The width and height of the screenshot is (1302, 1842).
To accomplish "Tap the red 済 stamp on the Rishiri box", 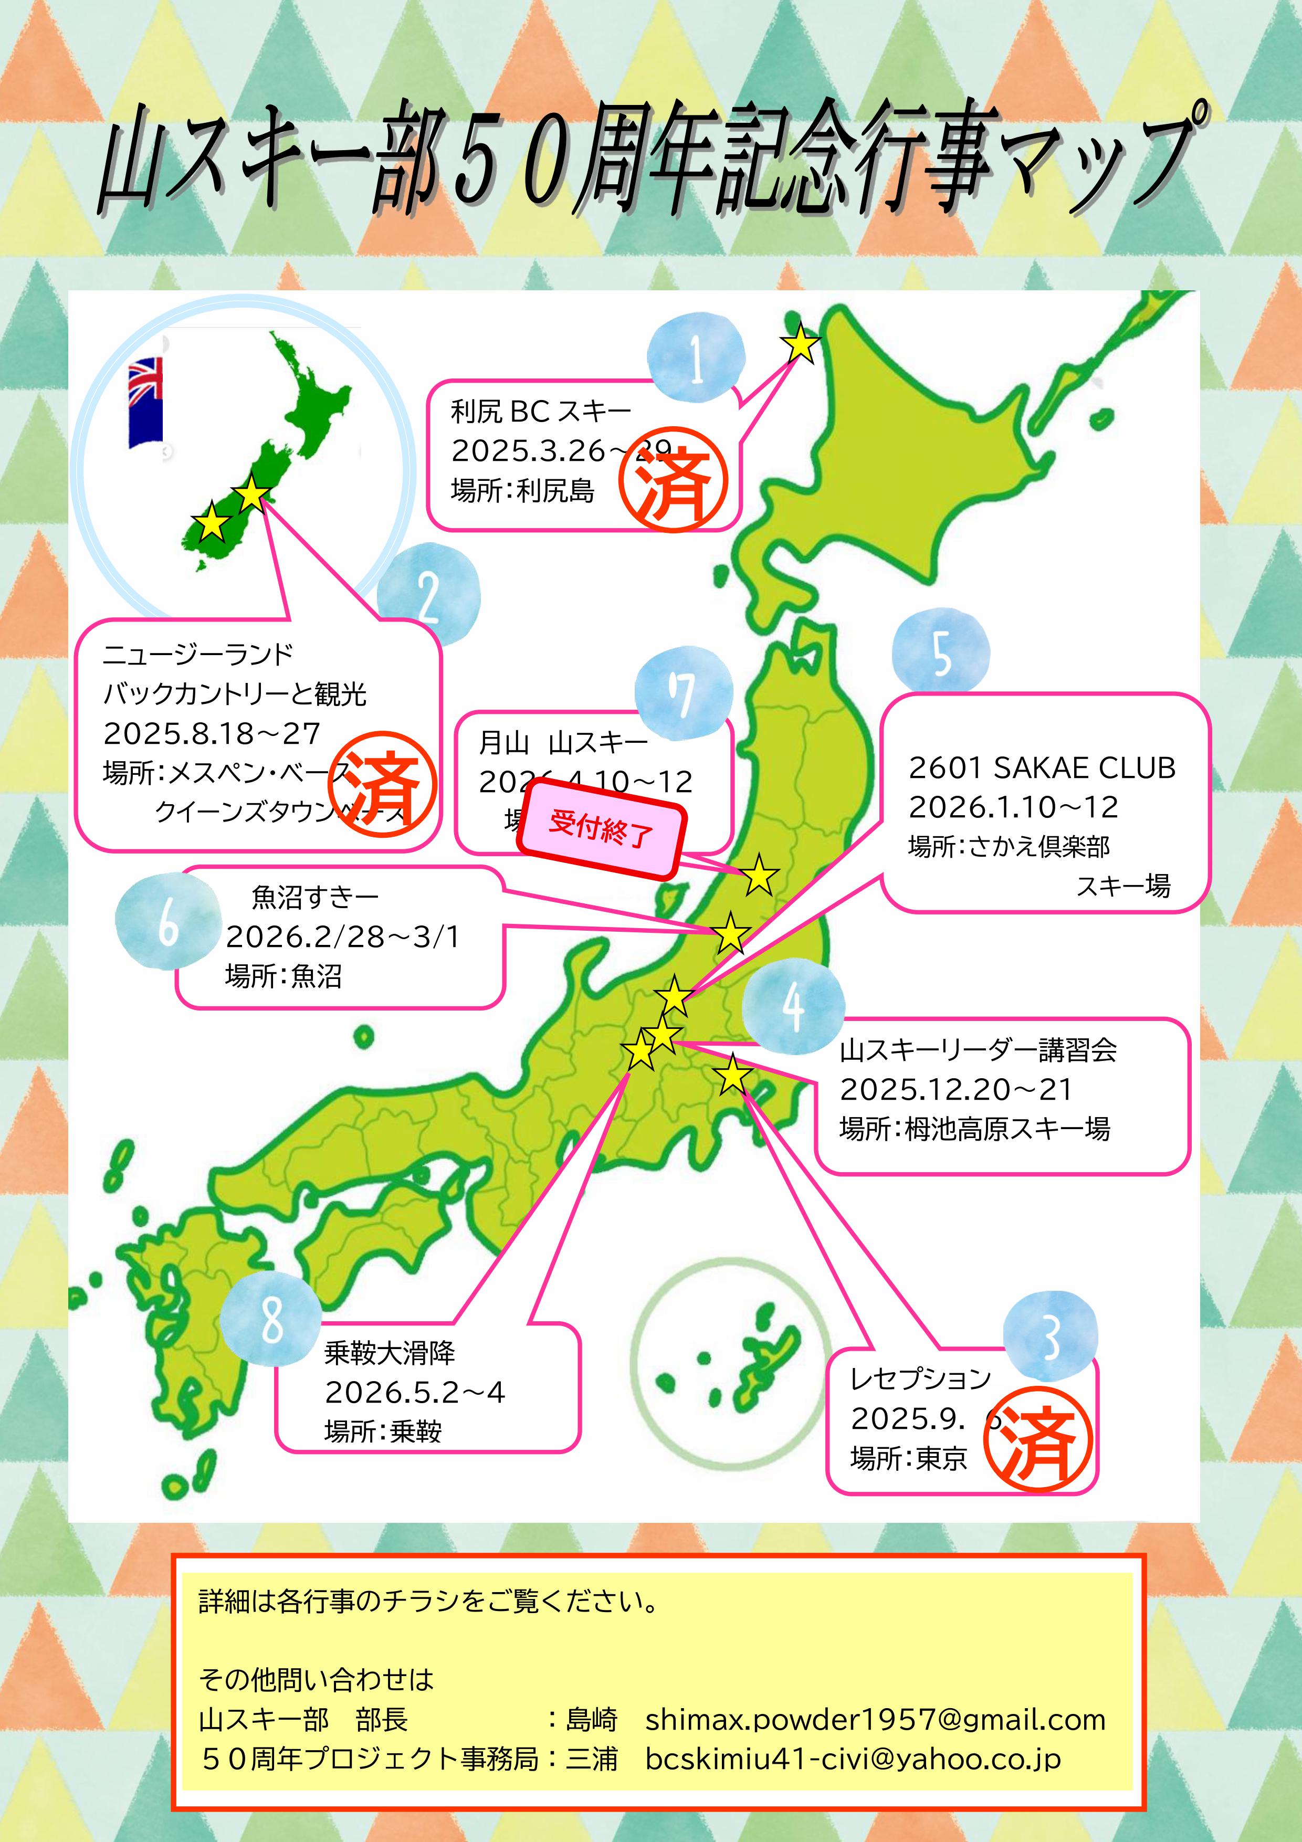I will click(674, 480).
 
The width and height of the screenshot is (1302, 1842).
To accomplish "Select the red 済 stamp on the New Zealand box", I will click(383, 785).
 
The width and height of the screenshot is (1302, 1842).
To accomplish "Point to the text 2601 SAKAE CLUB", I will click(1041, 769).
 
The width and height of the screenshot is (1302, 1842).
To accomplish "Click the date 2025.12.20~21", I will click(955, 1089).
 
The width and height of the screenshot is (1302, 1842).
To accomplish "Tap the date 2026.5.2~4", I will click(415, 1392).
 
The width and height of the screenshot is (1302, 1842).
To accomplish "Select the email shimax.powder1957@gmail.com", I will click(875, 1719).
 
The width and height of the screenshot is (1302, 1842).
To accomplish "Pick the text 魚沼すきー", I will click(314, 896).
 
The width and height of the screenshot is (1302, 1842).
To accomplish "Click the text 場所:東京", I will click(908, 1458).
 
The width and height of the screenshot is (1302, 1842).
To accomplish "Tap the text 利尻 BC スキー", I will click(541, 412).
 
